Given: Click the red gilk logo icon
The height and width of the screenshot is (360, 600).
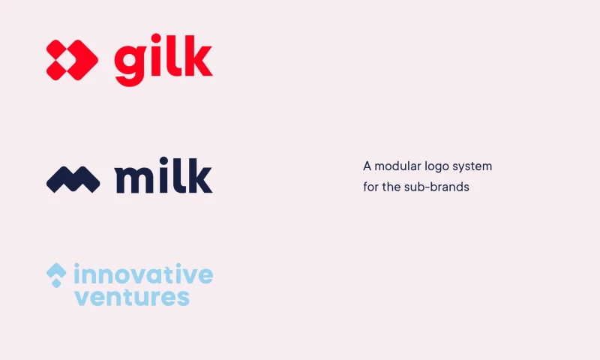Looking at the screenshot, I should pyautogui.click(x=72, y=59).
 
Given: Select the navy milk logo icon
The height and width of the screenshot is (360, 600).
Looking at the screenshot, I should pyautogui.click(x=73, y=179).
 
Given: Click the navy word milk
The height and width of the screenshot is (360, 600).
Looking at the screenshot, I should pyautogui.click(x=163, y=176).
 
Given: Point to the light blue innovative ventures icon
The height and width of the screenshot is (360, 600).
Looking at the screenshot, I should pyautogui.click(x=56, y=274).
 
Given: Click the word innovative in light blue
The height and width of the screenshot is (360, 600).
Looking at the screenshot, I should pyautogui.click(x=143, y=274).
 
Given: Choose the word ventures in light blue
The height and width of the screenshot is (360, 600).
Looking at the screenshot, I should pyautogui.click(x=132, y=297).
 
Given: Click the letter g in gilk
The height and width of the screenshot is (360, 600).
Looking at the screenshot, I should pyautogui.click(x=130, y=63).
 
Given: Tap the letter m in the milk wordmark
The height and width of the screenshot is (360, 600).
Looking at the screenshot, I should pyautogui.click(x=134, y=181).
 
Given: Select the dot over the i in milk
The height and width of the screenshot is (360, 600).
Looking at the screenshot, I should pyautogui.click(x=165, y=160).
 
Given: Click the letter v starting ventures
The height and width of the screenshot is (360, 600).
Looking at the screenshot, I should pyautogui.click(x=82, y=298).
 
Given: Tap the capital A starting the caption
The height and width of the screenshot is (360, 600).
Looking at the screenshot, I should pyautogui.click(x=367, y=166).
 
